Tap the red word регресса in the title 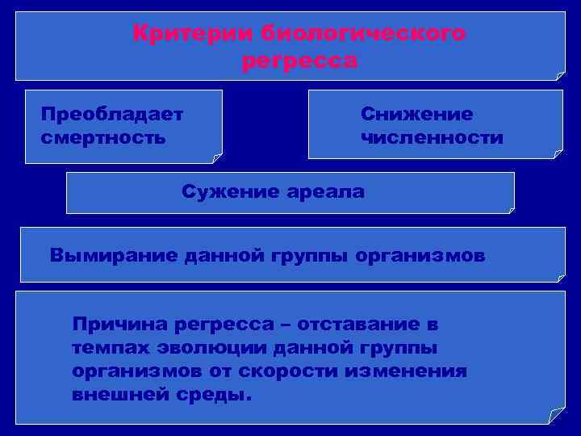(299, 61)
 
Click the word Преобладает (112, 114)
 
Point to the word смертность (103, 136)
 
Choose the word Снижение (416, 114)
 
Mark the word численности (433, 137)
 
